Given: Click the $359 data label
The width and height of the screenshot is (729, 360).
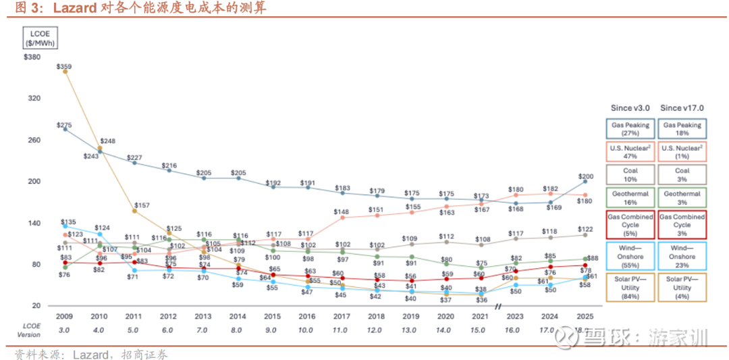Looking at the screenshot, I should (64, 66).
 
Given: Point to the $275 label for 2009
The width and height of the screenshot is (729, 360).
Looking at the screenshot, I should (64, 125).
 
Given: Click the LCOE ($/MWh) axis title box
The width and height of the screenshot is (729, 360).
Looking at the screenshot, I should (40, 38).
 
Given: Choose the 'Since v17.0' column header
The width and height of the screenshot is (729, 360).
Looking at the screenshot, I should (682, 107).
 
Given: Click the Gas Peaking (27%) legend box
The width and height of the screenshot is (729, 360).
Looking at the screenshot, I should (630, 129).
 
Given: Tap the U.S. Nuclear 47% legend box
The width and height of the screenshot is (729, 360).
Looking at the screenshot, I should (630, 152).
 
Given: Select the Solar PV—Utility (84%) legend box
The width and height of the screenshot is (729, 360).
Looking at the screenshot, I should (630, 288).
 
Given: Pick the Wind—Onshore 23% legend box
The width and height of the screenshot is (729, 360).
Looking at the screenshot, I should (682, 256).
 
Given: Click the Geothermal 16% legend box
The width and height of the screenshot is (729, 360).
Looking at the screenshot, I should (630, 197).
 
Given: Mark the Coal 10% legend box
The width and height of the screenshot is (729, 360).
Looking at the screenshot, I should (630, 175).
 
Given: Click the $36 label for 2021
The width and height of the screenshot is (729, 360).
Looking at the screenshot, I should (481, 299).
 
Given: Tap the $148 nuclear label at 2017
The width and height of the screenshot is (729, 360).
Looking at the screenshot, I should (342, 211).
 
